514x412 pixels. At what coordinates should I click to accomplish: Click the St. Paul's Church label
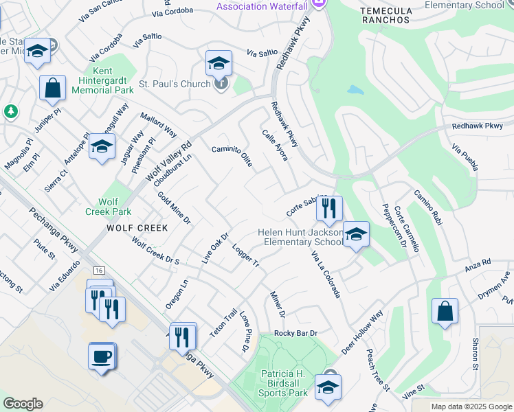pos(175,84)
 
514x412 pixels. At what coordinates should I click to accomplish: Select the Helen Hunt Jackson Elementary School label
pos(301,237)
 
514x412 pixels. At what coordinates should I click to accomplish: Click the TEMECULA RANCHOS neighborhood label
pos(385,16)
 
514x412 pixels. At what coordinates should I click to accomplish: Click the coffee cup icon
pos(102,356)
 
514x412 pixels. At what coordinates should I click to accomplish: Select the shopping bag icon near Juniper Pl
pos(52,87)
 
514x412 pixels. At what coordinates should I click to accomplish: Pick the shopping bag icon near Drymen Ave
pos(445,310)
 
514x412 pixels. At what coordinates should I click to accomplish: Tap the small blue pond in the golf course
pos(355,90)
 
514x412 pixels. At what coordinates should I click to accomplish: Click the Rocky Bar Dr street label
pos(295,333)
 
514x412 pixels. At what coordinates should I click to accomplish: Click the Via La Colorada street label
pos(326,273)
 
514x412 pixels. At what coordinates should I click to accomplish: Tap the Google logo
pos(23,403)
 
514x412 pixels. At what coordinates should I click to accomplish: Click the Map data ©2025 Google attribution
pos(471,407)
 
